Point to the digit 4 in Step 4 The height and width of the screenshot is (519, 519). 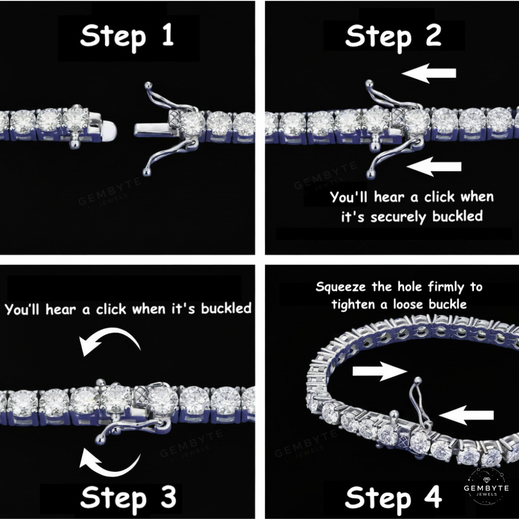[433, 497]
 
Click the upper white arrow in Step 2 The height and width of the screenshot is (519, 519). [429, 73]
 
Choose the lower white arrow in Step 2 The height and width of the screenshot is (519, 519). [434, 166]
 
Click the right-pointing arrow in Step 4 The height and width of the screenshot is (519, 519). [380, 371]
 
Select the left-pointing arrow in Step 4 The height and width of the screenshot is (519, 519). [466, 415]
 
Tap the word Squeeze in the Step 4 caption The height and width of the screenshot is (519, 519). [341, 287]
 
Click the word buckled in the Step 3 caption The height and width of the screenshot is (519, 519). [227, 308]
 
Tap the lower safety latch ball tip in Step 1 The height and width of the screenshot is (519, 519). [146, 172]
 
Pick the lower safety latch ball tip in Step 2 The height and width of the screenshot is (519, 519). [370, 174]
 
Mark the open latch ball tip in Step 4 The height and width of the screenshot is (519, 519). [418, 380]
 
